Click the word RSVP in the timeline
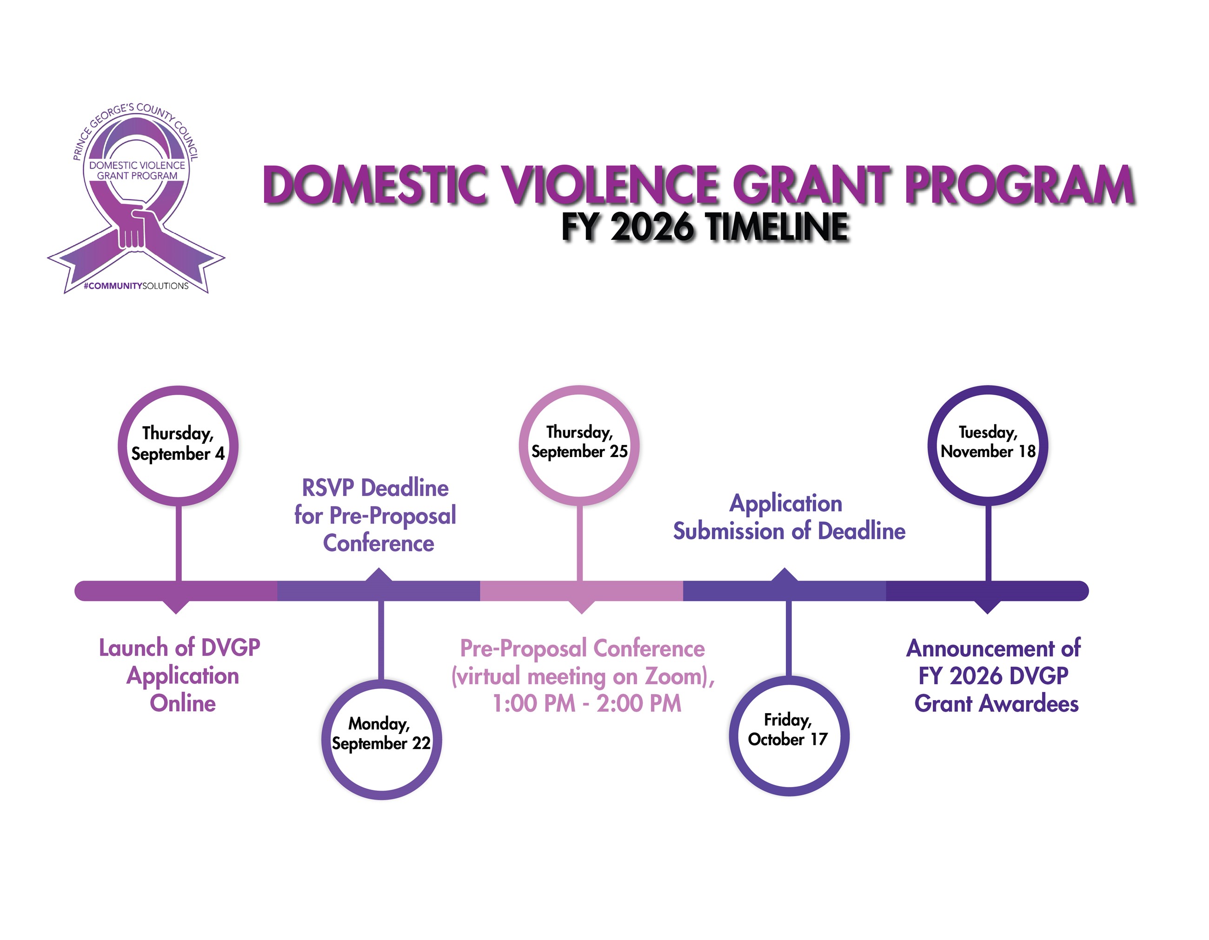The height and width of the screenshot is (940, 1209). click(x=328, y=488)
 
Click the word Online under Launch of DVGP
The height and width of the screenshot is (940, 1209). click(x=183, y=703)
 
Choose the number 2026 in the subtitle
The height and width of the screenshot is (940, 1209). click(x=651, y=226)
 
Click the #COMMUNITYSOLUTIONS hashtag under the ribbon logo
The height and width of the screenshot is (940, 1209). click(x=136, y=285)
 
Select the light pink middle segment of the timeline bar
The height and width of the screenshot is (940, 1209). click(x=581, y=591)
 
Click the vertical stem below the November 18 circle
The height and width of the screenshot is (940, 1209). click(x=988, y=543)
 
